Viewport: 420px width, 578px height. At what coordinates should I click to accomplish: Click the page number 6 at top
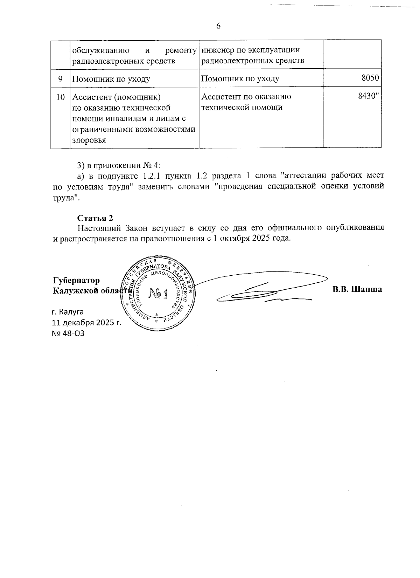tap(218, 26)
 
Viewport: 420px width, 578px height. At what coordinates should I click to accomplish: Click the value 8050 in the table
tap(370, 78)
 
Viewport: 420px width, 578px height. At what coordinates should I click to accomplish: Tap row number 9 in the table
tap(60, 78)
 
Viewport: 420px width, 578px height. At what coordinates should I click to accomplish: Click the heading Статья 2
tap(95, 218)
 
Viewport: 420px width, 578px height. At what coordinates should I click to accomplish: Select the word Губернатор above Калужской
tap(76, 280)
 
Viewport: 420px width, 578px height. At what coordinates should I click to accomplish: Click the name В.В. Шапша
tap(357, 290)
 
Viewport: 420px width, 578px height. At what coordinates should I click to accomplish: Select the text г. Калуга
tap(68, 311)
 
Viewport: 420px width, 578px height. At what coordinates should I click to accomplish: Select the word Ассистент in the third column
tap(219, 96)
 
